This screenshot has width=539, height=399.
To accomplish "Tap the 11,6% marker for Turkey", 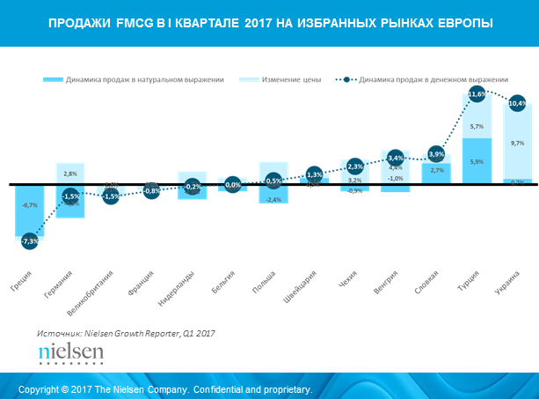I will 477,94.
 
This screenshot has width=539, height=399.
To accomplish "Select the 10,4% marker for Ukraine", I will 517,104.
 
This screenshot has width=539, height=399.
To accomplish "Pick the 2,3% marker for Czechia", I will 355,166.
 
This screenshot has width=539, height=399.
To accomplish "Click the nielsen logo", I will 71,354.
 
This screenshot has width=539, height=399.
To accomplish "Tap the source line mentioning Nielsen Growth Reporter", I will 126,334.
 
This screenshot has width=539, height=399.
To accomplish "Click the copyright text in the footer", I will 165,388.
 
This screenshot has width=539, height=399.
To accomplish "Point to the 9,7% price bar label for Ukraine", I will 517,143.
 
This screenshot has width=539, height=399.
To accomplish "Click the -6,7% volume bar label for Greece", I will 30,205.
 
